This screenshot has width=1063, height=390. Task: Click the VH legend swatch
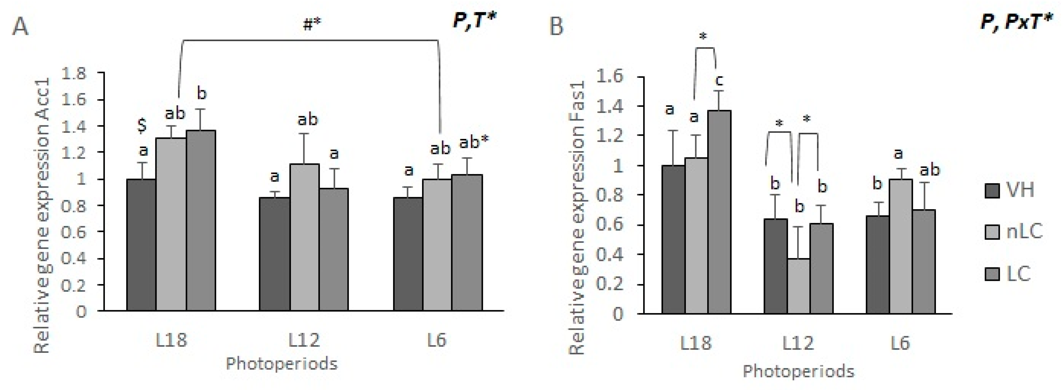click(992, 191)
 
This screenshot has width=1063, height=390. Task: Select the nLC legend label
click(1024, 232)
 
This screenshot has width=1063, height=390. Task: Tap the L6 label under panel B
click(900, 343)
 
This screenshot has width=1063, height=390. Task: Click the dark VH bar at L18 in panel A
click(141, 245)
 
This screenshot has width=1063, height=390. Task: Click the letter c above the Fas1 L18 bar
click(719, 80)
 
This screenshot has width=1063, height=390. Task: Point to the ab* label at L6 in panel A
click(474, 142)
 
